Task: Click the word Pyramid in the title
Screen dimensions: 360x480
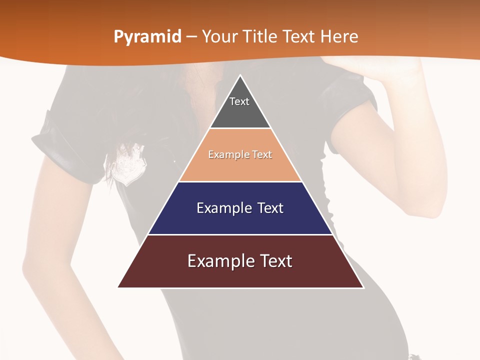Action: (147, 37)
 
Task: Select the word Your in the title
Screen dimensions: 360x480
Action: (219, 36)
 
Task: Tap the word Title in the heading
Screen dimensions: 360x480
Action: (260, 36)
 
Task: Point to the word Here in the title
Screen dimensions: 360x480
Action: (339, 36)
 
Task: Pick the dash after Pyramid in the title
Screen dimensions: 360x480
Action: (191, 37)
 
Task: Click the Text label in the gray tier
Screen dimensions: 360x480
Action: (239, 101)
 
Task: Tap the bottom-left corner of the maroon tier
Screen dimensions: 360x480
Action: (119, 287)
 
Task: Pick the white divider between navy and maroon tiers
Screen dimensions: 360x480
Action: (240, 234)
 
